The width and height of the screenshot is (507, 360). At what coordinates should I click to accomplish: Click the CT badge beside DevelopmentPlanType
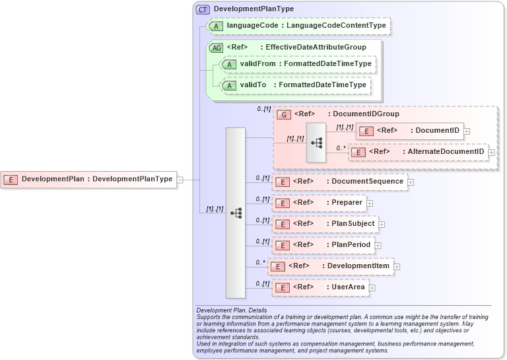[x=203, y=9]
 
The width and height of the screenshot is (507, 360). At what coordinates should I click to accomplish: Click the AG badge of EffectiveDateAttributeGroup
[x=216, y=48]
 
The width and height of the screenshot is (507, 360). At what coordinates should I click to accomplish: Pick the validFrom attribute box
[x=298, y=64]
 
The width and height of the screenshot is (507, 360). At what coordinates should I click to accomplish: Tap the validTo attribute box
[x=294, y=85]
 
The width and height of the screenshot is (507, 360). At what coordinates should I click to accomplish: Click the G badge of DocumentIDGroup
[x=283, y=114]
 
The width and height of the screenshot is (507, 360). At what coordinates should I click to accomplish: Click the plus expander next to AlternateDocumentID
[x=491, y=153]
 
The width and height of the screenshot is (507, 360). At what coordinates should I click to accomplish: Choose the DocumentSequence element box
[x=340, y=182]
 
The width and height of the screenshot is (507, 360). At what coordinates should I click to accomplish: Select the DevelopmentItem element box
[x=332, y=266]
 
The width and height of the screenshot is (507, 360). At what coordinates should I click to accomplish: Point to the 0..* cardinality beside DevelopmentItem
[x=259, y=262]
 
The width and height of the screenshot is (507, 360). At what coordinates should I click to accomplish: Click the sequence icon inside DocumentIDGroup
[x=316, y=143]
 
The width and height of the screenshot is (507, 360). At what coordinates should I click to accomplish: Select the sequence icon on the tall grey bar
[x=236, y=213]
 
